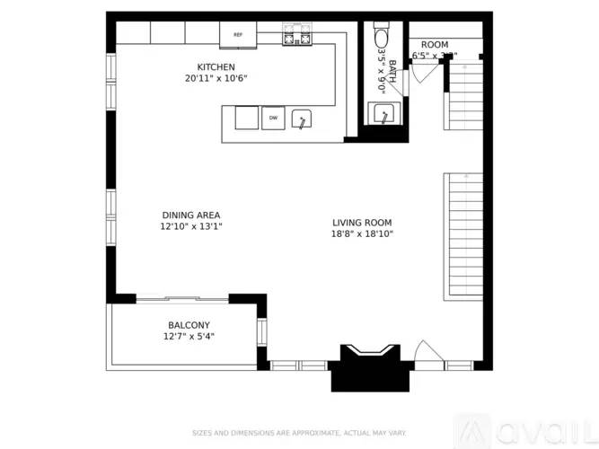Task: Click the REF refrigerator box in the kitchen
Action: pyautogui.click(x=238, y=35)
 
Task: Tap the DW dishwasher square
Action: pyautogui.click(x=273, y=118)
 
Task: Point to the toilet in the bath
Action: pyautogui.click(x=380, y=36)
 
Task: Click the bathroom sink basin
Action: pyautogui.click(x=383, y=114)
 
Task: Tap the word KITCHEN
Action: pyautogui.click(x=216, y=67)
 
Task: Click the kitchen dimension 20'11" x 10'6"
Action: pyautogui.click(x=216, y=79)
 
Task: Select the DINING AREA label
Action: pyautogui.click(x=191, y=216)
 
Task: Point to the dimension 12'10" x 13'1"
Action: pyautogui.click(x=191, y=227)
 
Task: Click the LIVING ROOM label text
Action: pyautogui.click(x=362, y=223)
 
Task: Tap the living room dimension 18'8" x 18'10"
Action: pyautogui.click(x=362, y=234)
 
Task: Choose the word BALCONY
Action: pyautogui.click(x=189, y=325)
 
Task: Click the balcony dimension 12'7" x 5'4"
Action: pyautogui.click(x=189, y=337)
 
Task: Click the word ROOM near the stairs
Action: pyautogui.click(x=435, y=45)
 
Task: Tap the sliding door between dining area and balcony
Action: pyautogui.click(x=182, y=298)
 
